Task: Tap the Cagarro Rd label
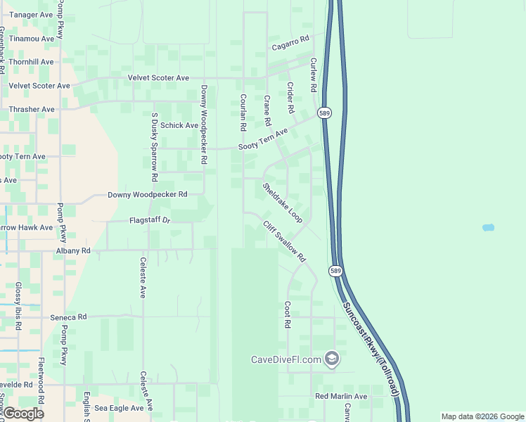point(290,44)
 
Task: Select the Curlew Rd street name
point(314,76)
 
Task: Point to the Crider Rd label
point(290,98)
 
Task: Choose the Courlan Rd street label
point(243,113)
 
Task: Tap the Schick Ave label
point(179,125)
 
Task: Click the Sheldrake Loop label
point(283,204)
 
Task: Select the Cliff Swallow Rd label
point(286,242)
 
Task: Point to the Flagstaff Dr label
point(150,220)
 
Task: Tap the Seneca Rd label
point(68,317)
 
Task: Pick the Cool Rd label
point(287,315)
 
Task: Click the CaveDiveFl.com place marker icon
point(333,359)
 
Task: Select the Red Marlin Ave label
point(341,397)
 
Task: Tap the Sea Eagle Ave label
point(119,407)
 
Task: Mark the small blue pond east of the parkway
point(488,228)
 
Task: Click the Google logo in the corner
point(23,413)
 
